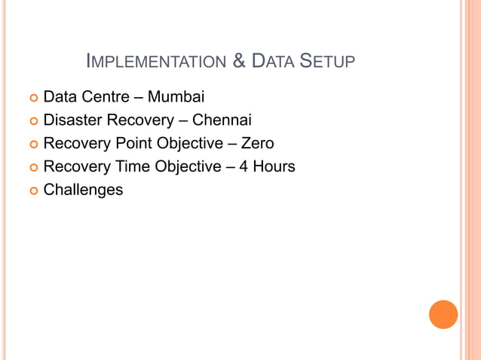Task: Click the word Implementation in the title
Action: point(156,62)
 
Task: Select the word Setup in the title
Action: point(327,62)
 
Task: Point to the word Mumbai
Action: point(176,96)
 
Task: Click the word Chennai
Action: point(222,120)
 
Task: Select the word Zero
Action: point(257,143)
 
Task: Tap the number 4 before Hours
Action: point(244,166)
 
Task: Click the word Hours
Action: point(274,166)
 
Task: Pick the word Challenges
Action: point(83,190)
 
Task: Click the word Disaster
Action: point(73,120)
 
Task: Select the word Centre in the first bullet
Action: point(105,96)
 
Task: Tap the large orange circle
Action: point(443,315)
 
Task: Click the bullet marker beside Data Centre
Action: point(32,97)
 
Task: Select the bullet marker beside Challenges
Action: point(32,191)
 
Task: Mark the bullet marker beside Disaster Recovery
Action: point(32,121)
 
